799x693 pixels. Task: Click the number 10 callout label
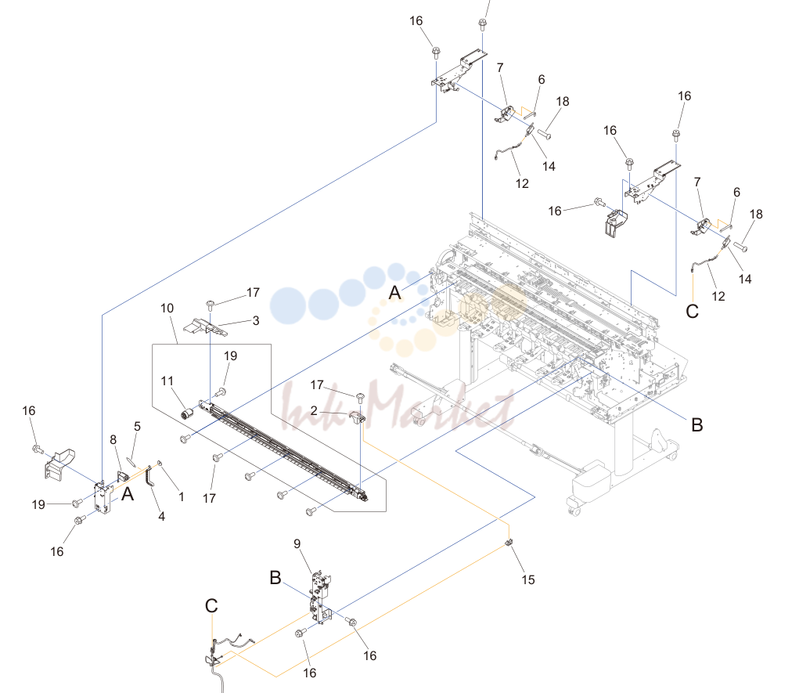click(167, 309)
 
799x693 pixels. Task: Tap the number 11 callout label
click(167, 381)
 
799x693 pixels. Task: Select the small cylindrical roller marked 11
click(187, 414)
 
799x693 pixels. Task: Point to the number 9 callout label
click(297, 544)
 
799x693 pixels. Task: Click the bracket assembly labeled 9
click(320, 597)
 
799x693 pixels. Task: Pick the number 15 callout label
click(528, 579)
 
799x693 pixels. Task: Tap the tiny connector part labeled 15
click(508, 543)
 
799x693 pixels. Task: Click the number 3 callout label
click(256, 321)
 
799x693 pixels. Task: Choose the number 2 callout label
click(314, 410)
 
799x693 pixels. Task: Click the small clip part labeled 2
click(357, 417)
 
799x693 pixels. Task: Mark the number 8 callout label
click(113, 439)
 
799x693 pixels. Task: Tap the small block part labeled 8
click(122, 476)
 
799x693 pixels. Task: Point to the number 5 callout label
click(137, 426)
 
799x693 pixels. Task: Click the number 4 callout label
click(161, 517)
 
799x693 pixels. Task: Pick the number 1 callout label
click(181, 496)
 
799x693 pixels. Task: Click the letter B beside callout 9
click(275, 578)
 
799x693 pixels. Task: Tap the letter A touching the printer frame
click(395, 293)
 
